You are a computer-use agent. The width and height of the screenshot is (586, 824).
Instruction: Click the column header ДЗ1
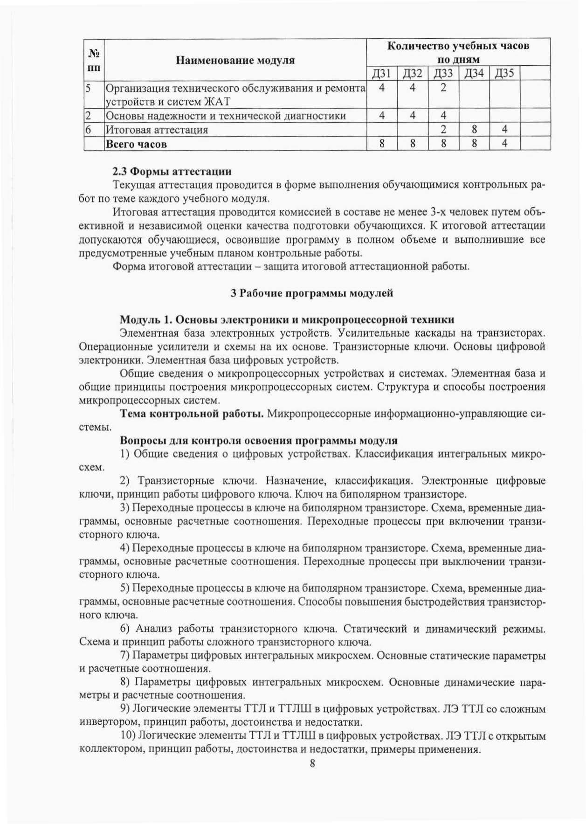tap(381, 73)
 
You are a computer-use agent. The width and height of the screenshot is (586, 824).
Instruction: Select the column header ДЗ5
tap(504, 73)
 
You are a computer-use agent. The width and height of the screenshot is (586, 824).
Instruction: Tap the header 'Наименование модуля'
tap(235, 60)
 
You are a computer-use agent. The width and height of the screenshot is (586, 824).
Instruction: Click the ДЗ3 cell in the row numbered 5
tap(443, 88)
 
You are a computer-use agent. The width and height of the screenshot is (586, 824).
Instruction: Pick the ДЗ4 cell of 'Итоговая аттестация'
tap(474, 129)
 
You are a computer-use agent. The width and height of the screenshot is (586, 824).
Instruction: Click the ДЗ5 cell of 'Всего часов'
tap(504, 143)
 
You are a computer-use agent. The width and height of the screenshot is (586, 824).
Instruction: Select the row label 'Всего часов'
tap(136, 144)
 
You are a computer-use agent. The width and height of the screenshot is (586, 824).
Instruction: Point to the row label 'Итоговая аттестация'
tap(157, 130)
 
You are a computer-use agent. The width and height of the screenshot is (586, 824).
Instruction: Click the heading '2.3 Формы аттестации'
tap(172, 171)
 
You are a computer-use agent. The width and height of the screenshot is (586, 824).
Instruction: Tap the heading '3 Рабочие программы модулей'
tap(312, 293)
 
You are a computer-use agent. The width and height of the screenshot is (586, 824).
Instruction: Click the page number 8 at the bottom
tap(312, 763)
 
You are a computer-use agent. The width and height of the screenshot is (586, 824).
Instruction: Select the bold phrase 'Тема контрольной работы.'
tap(192, 414)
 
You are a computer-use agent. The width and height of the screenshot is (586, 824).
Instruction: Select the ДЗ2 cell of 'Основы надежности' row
tap(412, 115)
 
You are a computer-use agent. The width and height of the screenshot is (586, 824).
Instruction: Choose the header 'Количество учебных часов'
tap(458, 46)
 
